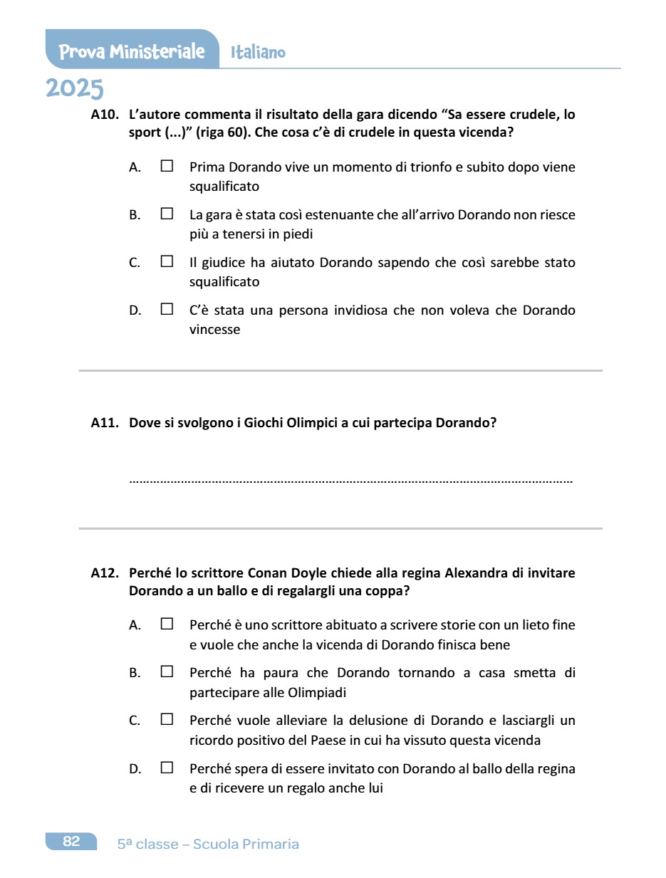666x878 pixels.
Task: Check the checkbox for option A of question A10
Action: click(x=167, y=167)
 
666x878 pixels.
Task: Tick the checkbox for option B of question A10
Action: click(x=167, y=214)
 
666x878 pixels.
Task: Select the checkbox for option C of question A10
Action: click(x=167, y=261)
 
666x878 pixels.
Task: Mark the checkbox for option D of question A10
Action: click(x=167, y=309)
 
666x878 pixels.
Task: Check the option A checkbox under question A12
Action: click(x=167, y=624)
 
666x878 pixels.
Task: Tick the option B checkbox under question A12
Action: click(x=167, y=671)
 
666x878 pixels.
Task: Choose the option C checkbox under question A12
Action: click(x=167, y=720)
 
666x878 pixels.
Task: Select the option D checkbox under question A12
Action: click(x=167, y=768)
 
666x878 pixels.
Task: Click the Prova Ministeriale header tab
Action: click(x=132, y=51)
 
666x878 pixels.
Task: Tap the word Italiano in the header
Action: click(x=258, y=52)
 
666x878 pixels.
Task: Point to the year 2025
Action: click(x=75, y=89)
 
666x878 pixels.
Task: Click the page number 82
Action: click(x=71, y=842)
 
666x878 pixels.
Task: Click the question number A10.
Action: click(x=105, y=114)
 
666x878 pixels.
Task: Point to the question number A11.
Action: click(x=105, y=422)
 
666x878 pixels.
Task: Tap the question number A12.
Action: click(x=105, y=573)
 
